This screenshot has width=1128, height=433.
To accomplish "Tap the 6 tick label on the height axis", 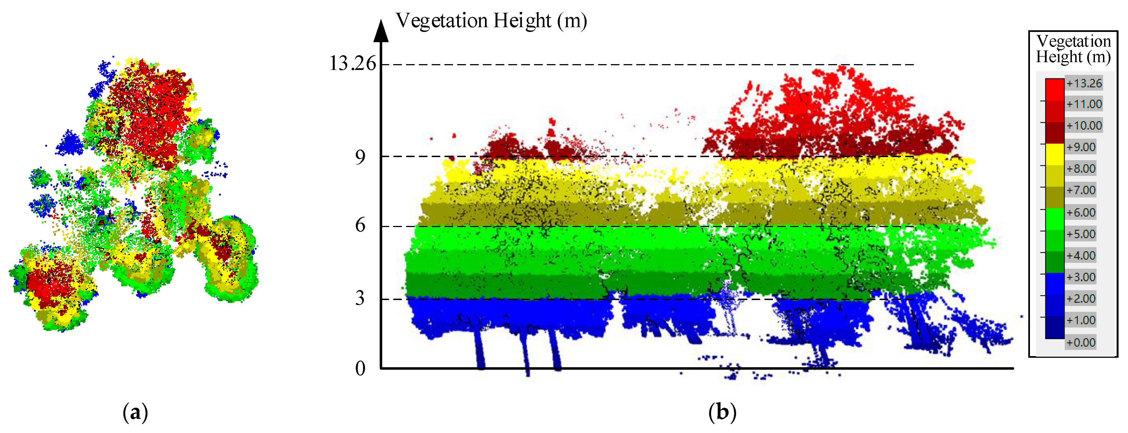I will click(360, 225).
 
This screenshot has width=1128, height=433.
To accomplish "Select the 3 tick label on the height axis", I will click(360, 299).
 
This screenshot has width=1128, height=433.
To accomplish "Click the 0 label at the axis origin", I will click(360, 369).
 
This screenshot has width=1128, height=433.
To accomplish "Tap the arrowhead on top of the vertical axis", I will click(381, 31).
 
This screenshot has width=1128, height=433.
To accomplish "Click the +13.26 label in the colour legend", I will click(1084, 83).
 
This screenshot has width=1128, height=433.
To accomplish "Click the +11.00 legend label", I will click(1084, 104).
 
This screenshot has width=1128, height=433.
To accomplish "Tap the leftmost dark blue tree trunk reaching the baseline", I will click(480, 350).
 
